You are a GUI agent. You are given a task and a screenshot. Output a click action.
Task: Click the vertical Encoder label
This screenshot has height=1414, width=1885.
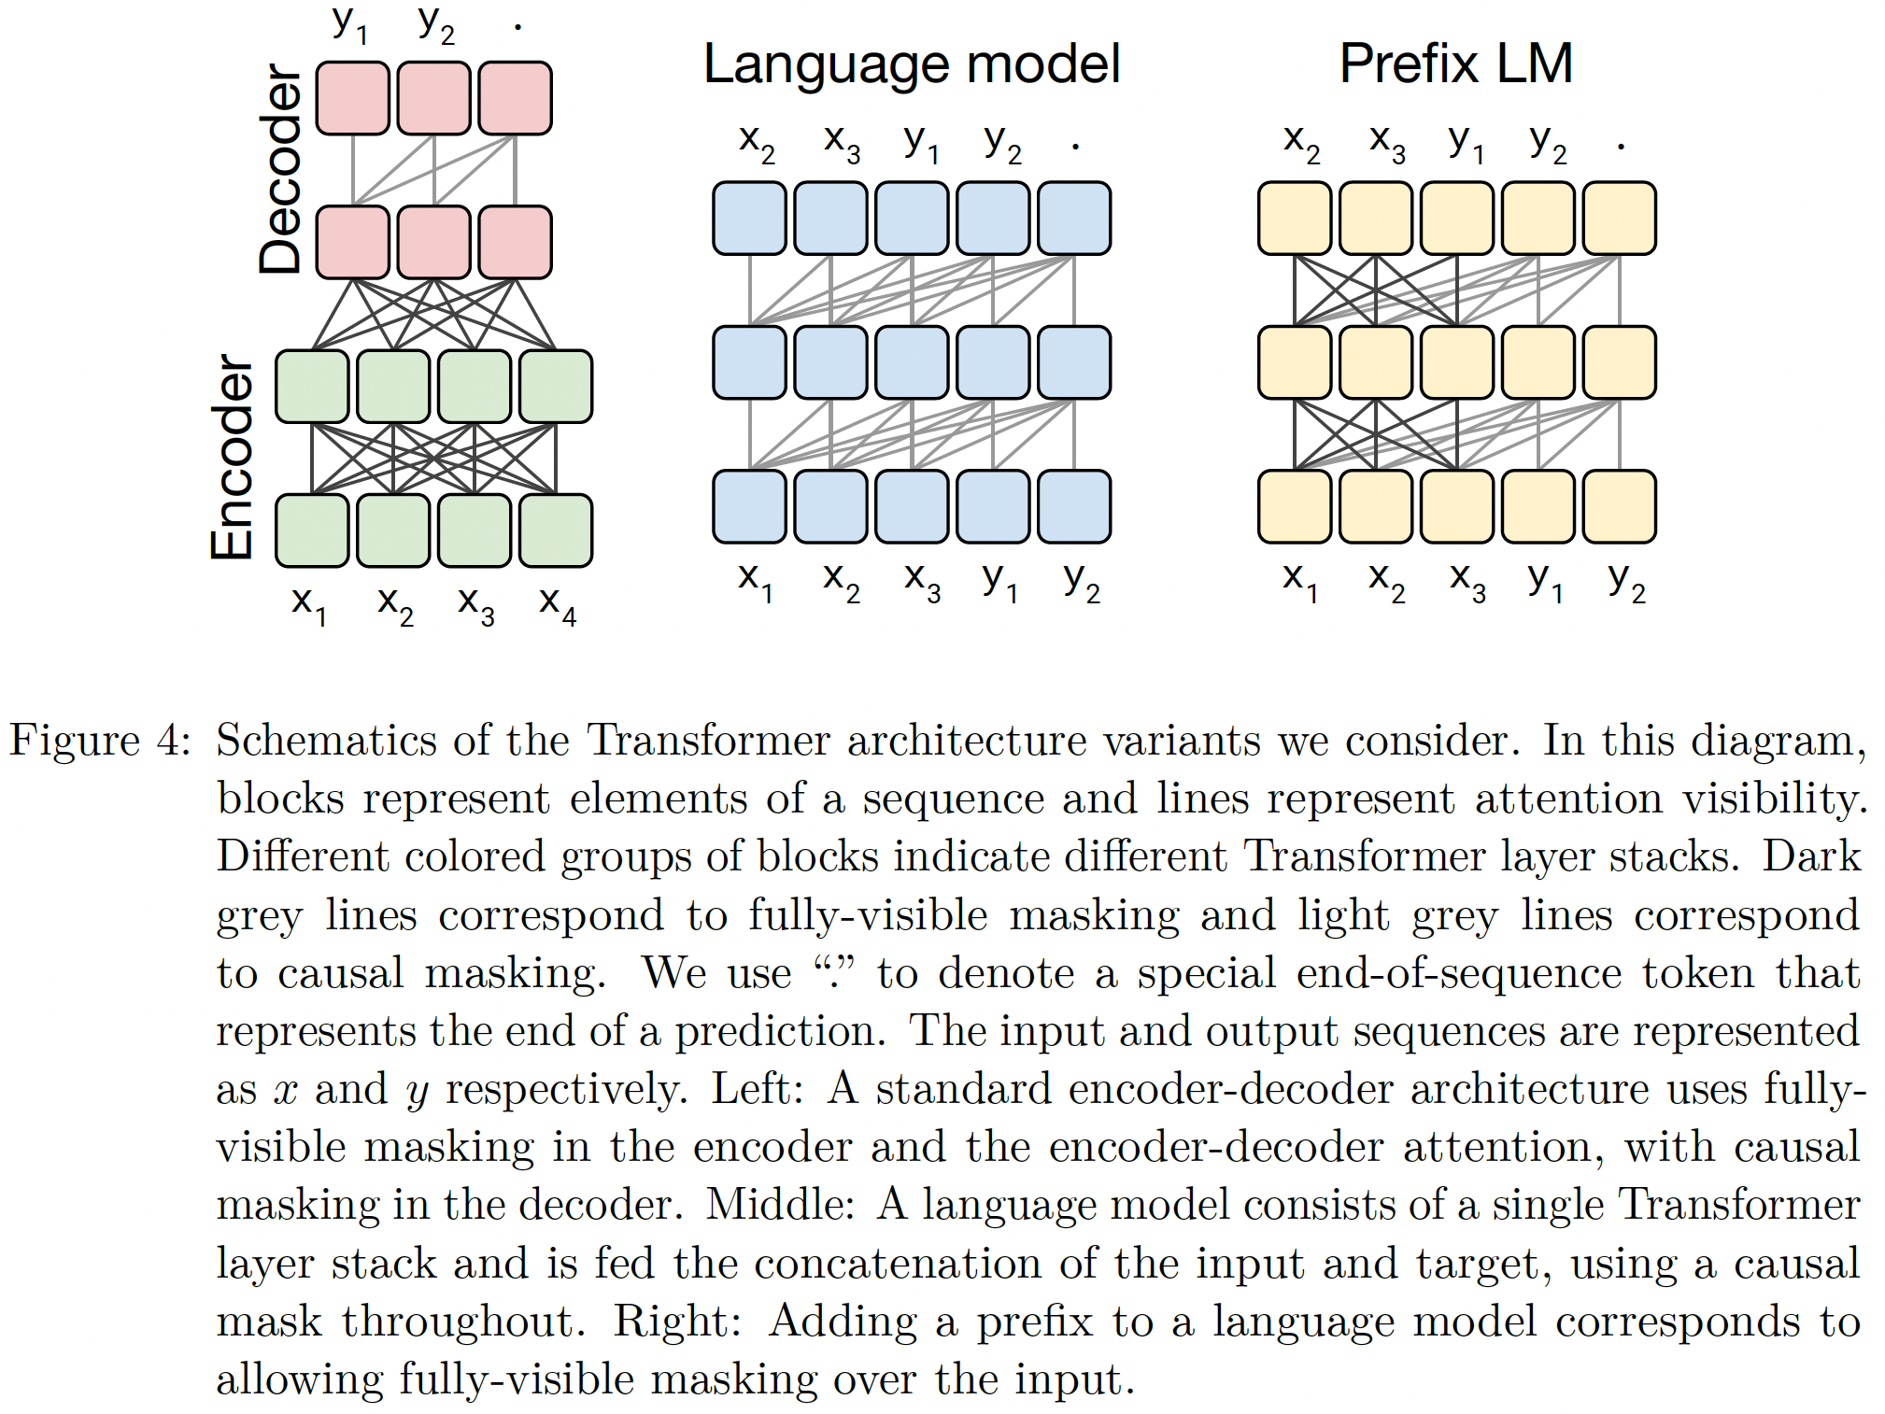point(233,457)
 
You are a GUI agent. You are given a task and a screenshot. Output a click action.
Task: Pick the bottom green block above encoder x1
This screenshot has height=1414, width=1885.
point(312,530)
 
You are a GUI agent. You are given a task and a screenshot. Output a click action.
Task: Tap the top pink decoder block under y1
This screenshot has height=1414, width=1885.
point(353,98)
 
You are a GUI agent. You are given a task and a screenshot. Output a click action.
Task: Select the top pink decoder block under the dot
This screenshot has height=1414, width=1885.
point(515,98)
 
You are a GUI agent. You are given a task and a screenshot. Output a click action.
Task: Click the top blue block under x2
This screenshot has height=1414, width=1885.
point(749,219)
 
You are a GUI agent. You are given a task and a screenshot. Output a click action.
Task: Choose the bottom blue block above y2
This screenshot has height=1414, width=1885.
point(1074,506)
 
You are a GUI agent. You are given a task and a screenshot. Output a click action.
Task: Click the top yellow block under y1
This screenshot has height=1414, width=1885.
point(1456,219)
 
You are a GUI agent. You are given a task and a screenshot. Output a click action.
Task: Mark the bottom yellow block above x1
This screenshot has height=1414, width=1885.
point(1295,506)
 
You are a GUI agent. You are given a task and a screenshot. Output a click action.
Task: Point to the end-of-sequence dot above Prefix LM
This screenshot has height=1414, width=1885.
point(1621,145)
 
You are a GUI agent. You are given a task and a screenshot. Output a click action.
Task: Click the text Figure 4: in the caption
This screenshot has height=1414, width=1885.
point(100,741)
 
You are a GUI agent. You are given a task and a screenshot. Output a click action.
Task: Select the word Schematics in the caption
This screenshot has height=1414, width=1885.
point(326,741)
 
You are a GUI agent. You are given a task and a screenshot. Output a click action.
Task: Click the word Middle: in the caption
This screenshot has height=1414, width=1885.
point(780,1205)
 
